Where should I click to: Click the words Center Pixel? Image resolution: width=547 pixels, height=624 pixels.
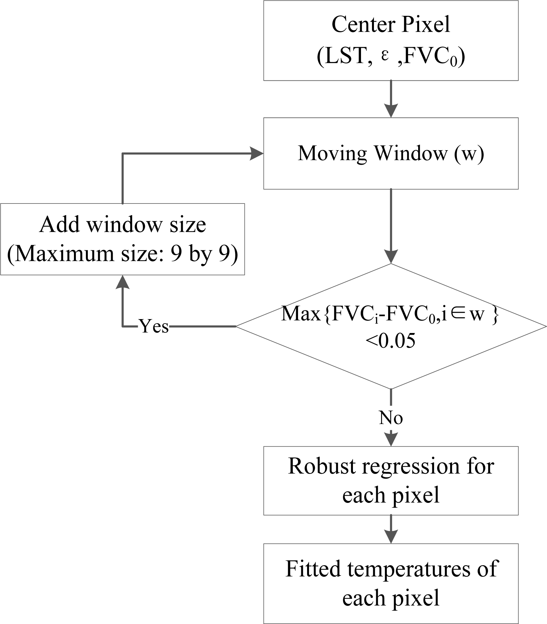[391, 25]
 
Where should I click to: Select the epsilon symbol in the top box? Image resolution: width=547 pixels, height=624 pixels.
[384, 56]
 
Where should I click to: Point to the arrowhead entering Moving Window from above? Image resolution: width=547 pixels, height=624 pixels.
[391, 111]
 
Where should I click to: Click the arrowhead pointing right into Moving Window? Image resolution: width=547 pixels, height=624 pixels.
[257, 154]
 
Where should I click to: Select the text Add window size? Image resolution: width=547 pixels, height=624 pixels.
[122, 225]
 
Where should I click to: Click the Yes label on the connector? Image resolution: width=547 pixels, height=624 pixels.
[154, 327]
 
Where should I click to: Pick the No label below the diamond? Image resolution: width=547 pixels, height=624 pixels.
[391, 418]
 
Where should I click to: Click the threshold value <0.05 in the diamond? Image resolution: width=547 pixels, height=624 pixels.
[390, 341]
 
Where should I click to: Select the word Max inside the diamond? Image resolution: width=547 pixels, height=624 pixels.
[301, 314]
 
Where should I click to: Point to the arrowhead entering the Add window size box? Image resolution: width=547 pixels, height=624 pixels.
[122, 282]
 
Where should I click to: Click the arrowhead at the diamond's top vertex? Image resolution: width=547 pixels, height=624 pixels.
[391, 257]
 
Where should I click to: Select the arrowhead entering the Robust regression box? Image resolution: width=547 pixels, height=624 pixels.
[391, 440]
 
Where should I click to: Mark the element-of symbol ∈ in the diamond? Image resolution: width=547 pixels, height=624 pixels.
[459, 314]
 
